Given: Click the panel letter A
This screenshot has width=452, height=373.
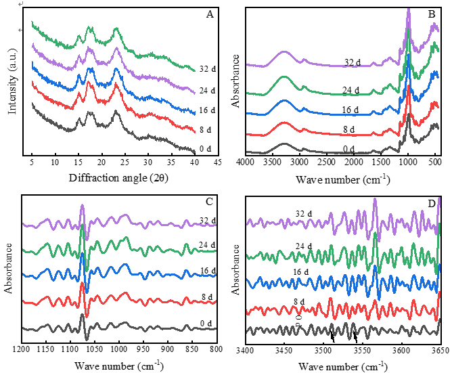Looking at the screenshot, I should [x=209, y=13].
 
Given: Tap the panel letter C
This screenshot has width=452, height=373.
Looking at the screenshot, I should [x=210, y=201].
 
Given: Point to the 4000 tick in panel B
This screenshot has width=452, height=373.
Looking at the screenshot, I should [x=246, y=162].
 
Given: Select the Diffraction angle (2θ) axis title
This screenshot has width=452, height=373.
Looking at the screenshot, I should [x=120, y=179].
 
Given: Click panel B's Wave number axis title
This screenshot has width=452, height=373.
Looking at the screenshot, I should [x=342, y=179].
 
